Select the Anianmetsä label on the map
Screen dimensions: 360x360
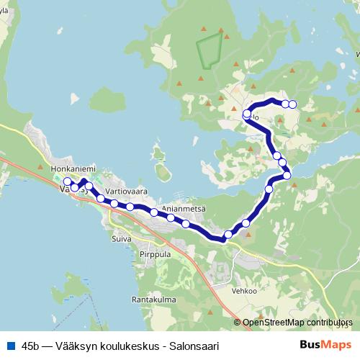[x=184, y=209]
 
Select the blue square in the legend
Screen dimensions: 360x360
[x=9, y=345]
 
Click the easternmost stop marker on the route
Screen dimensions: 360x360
[x=292, y=104]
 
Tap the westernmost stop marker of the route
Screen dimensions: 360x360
[x=67, y=181]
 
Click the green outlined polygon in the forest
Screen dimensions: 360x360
[x=208, y=51]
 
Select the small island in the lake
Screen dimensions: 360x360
[x=163, y=171]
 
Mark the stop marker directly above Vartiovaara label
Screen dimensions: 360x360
[x=114, y=204]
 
